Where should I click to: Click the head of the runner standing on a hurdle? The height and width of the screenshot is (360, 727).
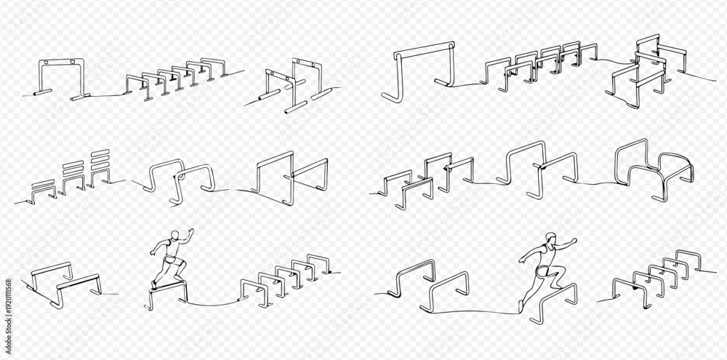(174, 236)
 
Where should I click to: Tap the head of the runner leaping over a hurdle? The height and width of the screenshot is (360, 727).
(550, 239)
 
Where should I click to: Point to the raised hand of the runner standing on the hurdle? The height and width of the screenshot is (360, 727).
(190, 232)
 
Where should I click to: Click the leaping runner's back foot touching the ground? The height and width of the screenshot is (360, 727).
(521, 306)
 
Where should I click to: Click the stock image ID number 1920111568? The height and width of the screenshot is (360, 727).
(8, 305)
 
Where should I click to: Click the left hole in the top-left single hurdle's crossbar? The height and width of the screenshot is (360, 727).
(48, 62)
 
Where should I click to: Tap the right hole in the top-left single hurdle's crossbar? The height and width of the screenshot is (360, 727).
(73, 62)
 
